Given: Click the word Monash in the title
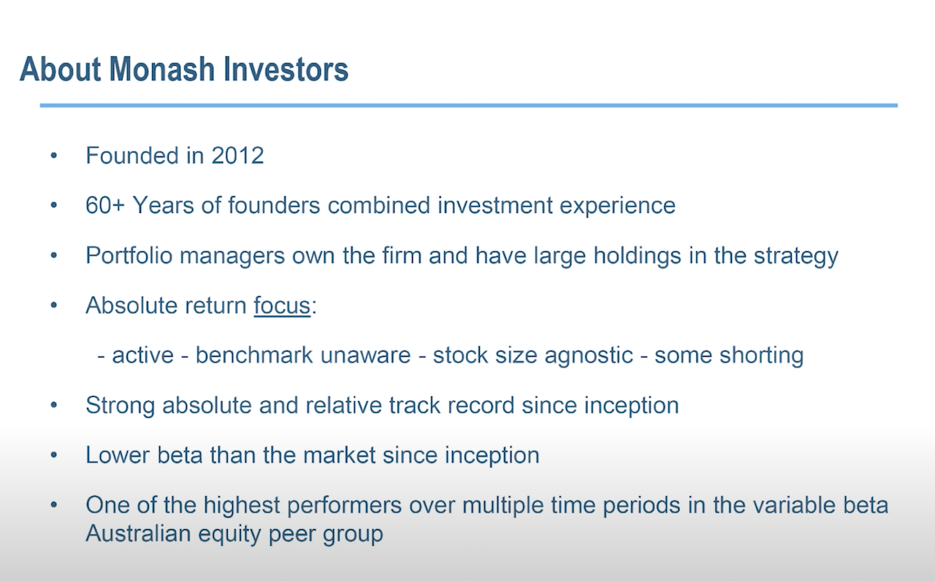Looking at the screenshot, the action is [x=162, y=69].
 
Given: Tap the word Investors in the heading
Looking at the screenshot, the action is [x=286, y=69].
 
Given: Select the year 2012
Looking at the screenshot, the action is [x=237, y=156].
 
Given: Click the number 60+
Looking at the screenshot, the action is [x=105, y=205].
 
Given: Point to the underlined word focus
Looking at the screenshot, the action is [x=282, y=305].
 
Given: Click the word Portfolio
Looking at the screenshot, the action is [x=129, y=255].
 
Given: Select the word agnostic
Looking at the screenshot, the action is [x=589, y=356].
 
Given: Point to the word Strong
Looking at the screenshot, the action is [x=121, y=406].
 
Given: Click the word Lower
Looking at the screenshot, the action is [x=118, y=455].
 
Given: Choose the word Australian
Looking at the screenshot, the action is [x=138, y=533].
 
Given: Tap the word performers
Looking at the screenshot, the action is [x=344, y=506].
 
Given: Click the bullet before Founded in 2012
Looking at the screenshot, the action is [x=53, y=156].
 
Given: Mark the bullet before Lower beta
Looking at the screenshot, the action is [x=53, y=455].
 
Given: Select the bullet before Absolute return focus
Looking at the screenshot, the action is [x=53, y=305].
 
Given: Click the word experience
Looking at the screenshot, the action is [x=617, y=206].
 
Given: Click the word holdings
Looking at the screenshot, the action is [x=638, y=257].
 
